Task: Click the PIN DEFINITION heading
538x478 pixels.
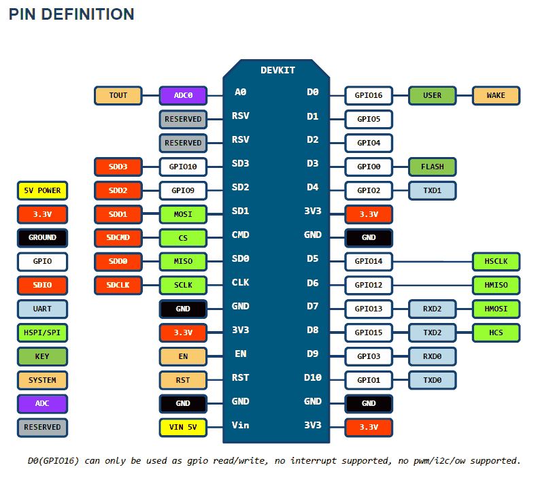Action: [71, 14]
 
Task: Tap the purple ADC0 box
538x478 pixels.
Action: [183, 95]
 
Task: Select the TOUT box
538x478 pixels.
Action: [118, 95]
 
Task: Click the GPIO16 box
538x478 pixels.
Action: [369, 95]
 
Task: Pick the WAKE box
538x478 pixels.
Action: [496, 95]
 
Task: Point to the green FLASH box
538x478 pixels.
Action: [432, 167]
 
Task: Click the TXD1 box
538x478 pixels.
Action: [432, 190]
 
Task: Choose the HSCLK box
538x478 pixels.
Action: [496, 262]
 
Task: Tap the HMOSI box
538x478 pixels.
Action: [496, 309]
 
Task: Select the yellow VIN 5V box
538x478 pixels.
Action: [183, 428]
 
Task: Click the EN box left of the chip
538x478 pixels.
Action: [183, 356]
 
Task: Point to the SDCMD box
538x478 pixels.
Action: [118, 238]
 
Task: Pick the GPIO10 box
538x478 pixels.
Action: [183, 167]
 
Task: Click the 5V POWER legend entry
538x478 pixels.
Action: [42, 190]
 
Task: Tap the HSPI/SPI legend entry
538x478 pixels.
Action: [42, 332]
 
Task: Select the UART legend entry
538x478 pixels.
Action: [42, 309]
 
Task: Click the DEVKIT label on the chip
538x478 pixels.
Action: [278, 70]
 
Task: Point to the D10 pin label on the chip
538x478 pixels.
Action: [312, 377]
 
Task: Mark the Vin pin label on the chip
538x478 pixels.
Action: [240, 425]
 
